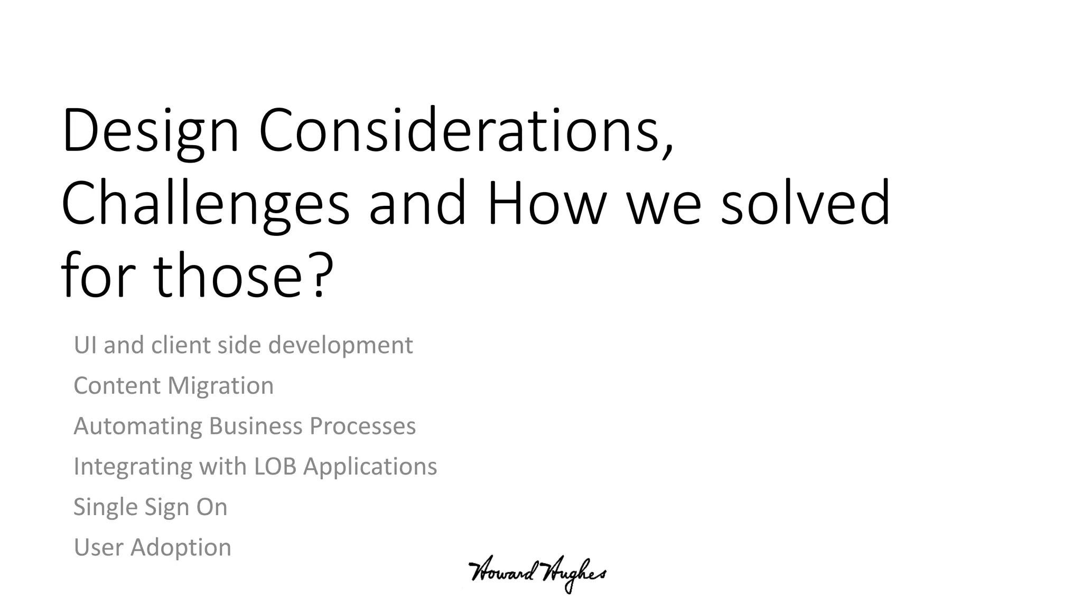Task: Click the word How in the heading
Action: coord(546,203)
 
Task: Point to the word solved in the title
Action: coord(805,203)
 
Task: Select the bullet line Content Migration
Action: coord(173,386)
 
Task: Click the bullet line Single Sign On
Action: coord(150,507)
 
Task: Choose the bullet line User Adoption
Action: coord(152,547)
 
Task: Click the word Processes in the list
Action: coord(362,426)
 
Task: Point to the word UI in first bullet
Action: coord(85,345)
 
